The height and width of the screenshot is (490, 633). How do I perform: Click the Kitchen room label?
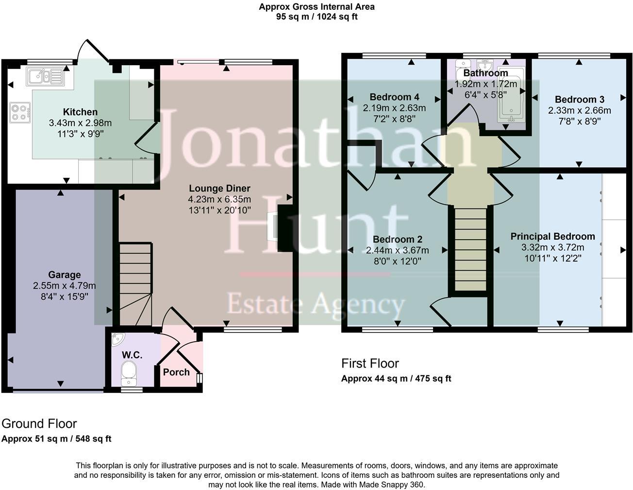click(x=80, y=112)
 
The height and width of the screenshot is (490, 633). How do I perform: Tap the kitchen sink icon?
click(x=45, y=76)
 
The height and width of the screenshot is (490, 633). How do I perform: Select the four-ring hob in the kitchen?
click(x=20, y=112)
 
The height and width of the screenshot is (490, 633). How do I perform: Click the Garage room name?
click(x=64, y=275)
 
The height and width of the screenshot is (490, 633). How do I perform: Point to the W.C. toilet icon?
click(x=129, y=371)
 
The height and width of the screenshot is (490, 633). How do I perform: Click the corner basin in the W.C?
click(x=117, y=339)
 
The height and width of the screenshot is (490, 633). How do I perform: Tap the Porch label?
click(x=176, y=372)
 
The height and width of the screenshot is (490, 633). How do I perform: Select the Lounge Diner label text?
click(x=219, y=189)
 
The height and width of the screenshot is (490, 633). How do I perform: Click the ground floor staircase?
click(x=135, y=284)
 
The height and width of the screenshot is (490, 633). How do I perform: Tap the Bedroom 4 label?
click(x=394, y=97)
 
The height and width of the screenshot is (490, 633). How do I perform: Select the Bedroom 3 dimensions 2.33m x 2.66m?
click(x=579, y=111)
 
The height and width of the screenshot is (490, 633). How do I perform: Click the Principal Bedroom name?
click(x=552, y=237)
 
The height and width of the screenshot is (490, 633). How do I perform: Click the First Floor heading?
click(x=370, y=364)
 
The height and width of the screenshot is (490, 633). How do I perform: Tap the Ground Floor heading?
click(x=39, y=424)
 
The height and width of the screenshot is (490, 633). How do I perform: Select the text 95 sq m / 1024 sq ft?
click(x=316, y=17)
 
